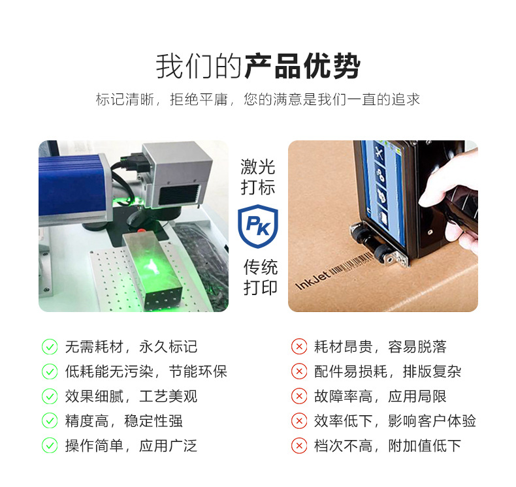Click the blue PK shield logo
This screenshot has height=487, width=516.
[258, 226]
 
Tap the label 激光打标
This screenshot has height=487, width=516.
[257, 177]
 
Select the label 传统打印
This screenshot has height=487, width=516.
[261, 277]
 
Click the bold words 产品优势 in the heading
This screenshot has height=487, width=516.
[302, 66]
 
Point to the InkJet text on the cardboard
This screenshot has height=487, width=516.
[312, 281]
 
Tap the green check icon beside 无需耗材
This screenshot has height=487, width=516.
[50, 347]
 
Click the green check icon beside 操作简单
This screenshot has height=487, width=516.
[50, 446]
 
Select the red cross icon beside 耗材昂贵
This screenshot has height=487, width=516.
[299, 347]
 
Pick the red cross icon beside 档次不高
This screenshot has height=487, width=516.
[299, 446]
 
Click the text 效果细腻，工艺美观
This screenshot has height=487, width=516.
[131, 396]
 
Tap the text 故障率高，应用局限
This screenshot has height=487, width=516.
[380, 396]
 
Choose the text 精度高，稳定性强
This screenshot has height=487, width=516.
[123, 421]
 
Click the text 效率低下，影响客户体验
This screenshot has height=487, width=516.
[395, 421]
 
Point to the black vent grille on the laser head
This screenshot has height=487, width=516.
[180, 195]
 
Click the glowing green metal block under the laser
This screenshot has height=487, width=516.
[152, 270]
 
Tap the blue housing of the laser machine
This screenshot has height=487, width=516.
[71, 185]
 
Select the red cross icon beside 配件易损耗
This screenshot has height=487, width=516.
[299, 371]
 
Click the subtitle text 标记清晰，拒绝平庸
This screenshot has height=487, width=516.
[161, 99]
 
